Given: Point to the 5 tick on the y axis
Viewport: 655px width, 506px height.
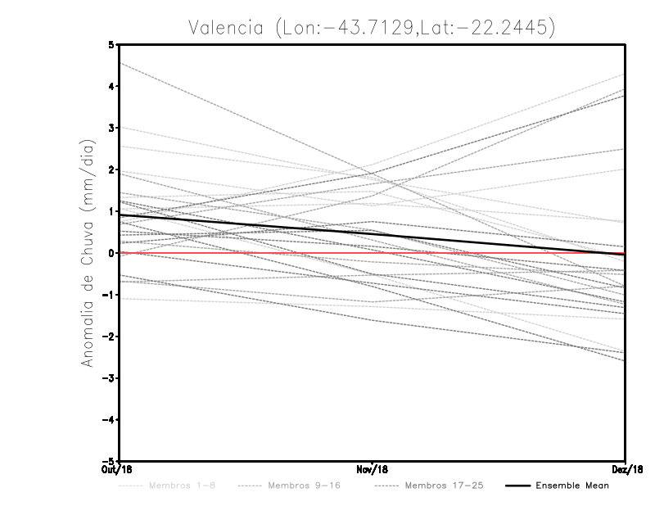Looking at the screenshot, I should [111, 44].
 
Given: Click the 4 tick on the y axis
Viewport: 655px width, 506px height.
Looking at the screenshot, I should [111, 86].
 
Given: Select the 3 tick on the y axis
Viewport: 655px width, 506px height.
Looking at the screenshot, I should [111, 128].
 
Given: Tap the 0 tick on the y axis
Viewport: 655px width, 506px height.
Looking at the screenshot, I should [111, 253].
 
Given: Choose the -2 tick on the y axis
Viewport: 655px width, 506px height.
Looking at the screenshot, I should [109, 337].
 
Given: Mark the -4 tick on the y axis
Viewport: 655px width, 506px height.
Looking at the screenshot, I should [109, 419].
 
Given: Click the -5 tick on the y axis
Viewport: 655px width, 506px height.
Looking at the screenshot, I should [109, 461].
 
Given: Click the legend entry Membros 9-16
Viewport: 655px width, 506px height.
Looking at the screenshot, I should [303, 486].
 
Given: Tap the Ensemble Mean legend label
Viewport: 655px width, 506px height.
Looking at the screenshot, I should [572, 486].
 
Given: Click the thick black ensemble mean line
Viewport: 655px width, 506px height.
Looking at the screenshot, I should [246, 224].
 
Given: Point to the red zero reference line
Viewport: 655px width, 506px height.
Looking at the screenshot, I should [491, 253].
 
